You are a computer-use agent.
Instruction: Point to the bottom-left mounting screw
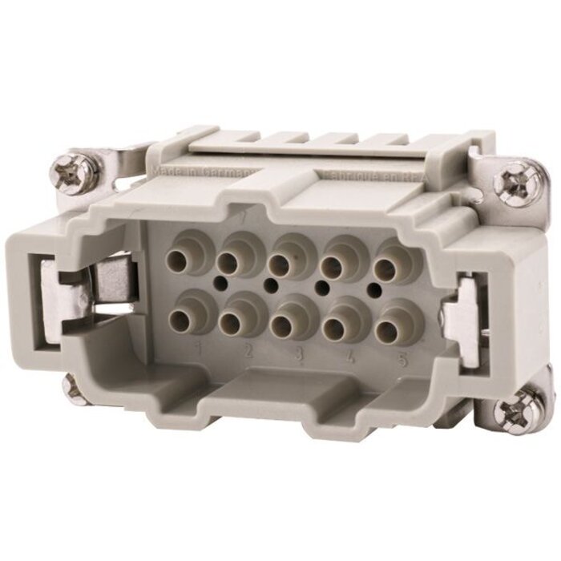(x=74, y=386)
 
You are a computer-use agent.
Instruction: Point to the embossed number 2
(x=248, y=351)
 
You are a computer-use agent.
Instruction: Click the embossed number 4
(x=349, y=357)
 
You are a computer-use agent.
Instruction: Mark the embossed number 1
(x=198, y=347)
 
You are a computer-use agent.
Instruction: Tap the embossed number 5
(x=402, y=360)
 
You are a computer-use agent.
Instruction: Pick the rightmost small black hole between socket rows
(x=373, y=287)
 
